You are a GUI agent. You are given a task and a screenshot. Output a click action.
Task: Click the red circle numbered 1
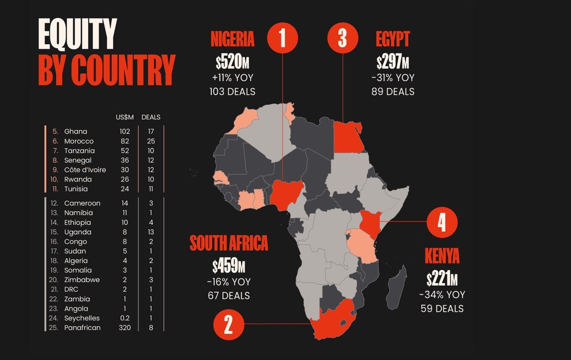(283, 39)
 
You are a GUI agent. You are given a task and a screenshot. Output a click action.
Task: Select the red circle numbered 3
(343, 39)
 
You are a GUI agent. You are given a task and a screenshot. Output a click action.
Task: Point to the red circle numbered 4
(442, 222)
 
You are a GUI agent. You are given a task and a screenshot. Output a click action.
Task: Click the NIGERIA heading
(232, 40)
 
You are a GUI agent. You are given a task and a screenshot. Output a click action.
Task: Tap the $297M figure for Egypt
(393, 62)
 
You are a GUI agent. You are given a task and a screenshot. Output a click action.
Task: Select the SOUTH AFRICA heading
(229, 243)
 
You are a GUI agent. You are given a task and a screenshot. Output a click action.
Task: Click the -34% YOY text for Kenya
(442, 295)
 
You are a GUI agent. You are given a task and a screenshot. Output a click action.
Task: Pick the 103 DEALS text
(232, 92)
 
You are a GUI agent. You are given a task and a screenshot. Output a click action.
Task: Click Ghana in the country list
(76, 131)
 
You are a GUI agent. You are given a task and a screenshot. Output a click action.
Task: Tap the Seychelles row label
(82, 318)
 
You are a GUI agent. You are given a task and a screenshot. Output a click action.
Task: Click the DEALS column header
(151, 117)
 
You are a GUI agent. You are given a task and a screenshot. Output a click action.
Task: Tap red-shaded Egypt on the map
(347, 137)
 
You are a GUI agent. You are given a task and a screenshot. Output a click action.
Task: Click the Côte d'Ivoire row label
(85, 170)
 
